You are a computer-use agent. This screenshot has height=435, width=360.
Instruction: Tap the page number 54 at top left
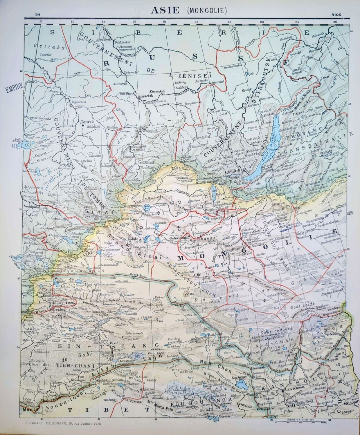37,14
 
